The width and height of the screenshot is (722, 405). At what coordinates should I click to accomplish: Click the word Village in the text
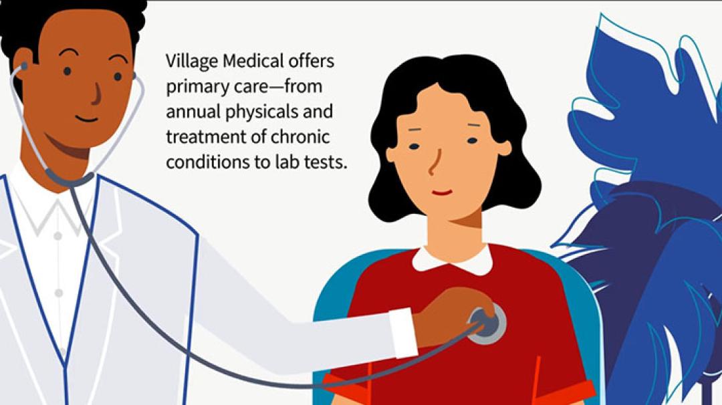point(192,62)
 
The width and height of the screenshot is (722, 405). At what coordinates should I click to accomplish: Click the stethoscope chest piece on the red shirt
point(487,323)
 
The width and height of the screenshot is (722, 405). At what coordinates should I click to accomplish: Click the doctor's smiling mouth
point(87,119)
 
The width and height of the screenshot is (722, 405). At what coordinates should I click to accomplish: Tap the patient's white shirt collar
point(452,259)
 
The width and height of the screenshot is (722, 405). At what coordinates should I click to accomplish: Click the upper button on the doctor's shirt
point(57,236)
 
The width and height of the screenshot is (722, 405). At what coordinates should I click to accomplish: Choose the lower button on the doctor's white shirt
point(58,293)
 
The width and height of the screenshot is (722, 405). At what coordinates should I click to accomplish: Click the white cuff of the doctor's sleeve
point(402,332)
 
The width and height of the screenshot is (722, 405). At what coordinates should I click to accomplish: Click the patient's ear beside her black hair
point(503,147)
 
